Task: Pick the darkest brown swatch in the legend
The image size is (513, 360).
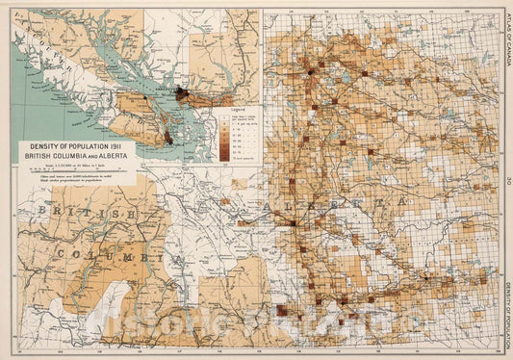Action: click(223, 152)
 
